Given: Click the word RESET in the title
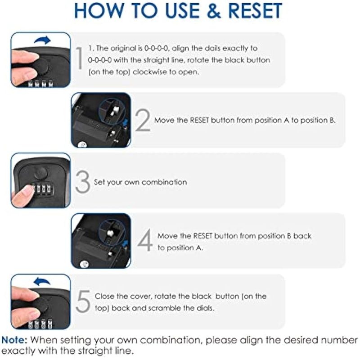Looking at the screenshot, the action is tap(255, 10).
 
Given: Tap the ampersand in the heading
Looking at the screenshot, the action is tap(213, 11).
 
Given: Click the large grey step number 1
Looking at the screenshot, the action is tap(79, 58).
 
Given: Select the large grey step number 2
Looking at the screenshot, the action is tap(143, 120).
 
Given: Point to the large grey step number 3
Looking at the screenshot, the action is tap(83, 182).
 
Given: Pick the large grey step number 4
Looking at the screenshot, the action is tap(145, 240).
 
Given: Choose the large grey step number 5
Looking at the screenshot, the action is tap(83, 301).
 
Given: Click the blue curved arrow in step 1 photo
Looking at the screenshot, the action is tap(43, 40).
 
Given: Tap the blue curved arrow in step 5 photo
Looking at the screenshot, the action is tap(41, 281).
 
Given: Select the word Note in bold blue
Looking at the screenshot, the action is tap(14, 340).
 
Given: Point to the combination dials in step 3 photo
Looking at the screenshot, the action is tap(42, 189).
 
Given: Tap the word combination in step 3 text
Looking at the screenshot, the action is tap(164, 182).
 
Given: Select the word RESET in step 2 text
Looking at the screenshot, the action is tap(199, 120).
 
